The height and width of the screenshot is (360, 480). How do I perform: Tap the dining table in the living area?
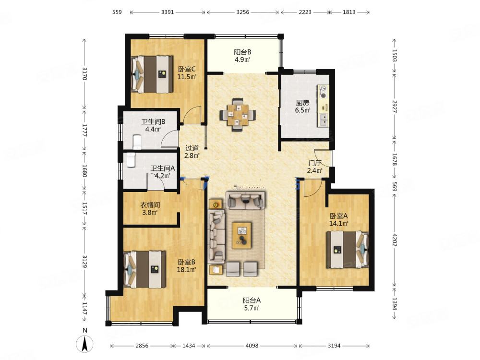(x=238, y=115)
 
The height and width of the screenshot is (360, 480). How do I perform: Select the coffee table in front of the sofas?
(x=242, y=235)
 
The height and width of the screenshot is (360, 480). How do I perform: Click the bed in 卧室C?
(x=152, y=74)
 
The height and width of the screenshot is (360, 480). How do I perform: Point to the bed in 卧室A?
(x=348, y=250)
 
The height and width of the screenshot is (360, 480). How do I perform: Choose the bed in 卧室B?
(x=144, y=270)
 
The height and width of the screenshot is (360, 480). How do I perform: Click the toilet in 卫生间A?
(x=131, y=160)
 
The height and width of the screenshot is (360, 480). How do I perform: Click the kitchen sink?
(x=323, y=120)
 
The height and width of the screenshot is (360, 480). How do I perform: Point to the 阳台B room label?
(x=242, y=52)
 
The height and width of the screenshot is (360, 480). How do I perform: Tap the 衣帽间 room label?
(x=150, y=205)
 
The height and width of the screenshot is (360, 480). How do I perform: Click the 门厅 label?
(x=315, y=163)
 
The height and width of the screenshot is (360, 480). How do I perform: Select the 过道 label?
(x=192, y=148)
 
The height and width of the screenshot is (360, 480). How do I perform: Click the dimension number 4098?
(x=252, y=346)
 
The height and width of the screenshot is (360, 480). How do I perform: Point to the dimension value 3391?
(x=168, y=12)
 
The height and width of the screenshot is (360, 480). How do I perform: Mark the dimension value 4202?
(x=394, y=240)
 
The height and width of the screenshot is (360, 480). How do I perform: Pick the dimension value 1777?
(x=85, y=131)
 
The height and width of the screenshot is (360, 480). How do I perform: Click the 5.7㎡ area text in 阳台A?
(x=252, y=308)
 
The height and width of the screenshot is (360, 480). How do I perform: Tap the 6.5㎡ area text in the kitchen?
(x=302, y=110)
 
